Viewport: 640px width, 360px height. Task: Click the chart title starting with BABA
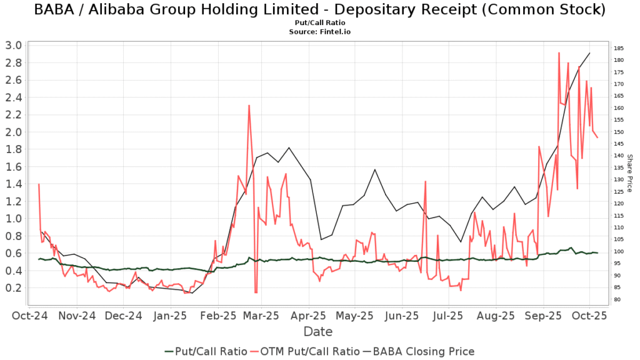pos(319,10)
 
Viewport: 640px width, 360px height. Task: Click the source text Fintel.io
pos(319,31)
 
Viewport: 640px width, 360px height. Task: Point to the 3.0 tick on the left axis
pos(13,45)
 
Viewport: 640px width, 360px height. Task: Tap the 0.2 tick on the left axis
pos(13,288)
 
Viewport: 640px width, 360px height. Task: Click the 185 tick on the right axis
pos(618,48)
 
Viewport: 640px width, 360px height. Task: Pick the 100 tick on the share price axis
pos(618,251)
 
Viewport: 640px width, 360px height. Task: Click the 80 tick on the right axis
pos(616,299)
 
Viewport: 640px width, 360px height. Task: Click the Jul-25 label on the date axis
pos(447,315)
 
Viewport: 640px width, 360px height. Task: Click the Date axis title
pos(317,331)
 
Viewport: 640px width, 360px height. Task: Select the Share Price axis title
pos(630,173)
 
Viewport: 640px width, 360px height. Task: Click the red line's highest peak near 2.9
pos(559,53)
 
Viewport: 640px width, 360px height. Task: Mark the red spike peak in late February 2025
pos(249,106)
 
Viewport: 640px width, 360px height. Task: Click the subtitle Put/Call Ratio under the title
pos(319,23)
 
